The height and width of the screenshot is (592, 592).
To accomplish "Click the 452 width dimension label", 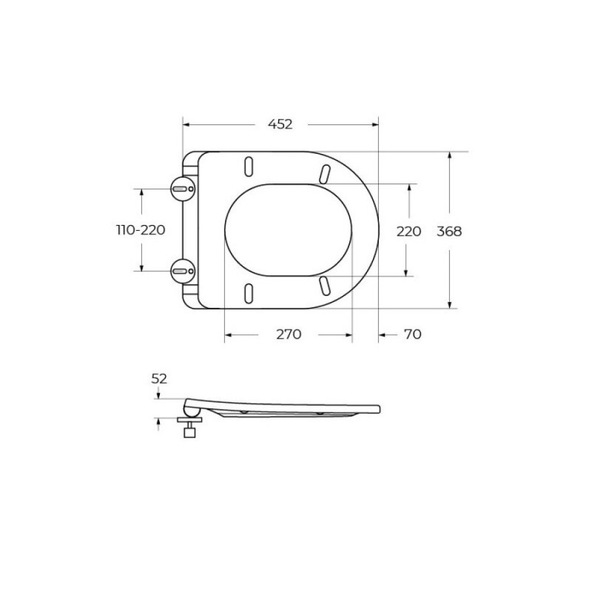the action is click(x=280, y=124).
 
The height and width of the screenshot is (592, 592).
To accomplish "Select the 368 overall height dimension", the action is click(x=449, y=231).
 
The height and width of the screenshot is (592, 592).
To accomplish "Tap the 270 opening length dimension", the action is click(x=289, y=334).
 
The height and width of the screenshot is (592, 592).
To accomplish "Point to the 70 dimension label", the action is click(x=412, y=334).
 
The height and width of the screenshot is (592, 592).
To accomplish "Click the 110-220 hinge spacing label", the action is click(x=141, y=230).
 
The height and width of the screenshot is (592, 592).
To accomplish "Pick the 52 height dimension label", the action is click(x=159, y=379).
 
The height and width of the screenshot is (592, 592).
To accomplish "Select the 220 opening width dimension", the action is click(x=408, y=231).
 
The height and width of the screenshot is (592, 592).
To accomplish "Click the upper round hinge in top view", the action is click(x=183, y=188).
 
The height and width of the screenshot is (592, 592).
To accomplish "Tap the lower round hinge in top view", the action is click(x=183, y=271).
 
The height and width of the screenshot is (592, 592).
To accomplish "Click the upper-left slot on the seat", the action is click(x=249, y=166).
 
